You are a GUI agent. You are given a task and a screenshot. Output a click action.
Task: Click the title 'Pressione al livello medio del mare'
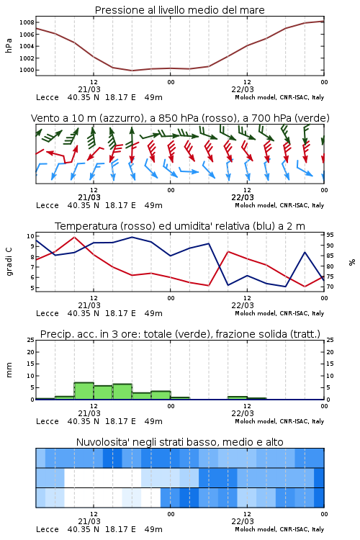pos(179,10)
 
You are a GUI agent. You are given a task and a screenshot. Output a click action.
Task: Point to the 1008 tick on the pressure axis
pos(27,23)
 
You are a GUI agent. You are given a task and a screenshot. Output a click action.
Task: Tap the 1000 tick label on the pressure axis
pos(27,71)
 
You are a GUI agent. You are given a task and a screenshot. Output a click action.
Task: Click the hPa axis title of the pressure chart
pos(9,45)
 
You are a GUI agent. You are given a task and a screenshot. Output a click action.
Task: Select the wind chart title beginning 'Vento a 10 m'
pos(180,118)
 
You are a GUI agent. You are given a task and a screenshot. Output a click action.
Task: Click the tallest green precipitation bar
pos(84,390)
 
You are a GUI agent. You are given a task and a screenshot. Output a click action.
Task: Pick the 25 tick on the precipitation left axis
pos(31,341)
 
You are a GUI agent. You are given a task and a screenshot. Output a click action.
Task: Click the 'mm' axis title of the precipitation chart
pos(9,370)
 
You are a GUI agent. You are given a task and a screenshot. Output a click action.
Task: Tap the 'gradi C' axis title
pos(9,261)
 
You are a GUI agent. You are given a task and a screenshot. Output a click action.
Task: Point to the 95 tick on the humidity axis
pos(330,235)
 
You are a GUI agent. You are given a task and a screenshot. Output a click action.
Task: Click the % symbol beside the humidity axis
pos(352,262)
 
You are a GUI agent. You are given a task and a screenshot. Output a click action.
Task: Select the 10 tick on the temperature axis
pos(30,236)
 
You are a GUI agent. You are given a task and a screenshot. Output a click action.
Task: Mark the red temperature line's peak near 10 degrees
pos(74,237)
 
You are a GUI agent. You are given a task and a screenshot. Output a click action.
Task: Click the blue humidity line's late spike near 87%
pos(305,252)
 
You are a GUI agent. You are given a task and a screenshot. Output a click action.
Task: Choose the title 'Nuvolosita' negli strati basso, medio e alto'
pos(179,442)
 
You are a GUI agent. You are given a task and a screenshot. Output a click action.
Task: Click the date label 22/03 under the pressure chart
pos(243,89)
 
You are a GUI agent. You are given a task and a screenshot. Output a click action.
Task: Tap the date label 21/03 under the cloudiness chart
pos(89,521)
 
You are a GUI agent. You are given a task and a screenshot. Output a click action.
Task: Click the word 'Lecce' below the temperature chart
pos(48,313)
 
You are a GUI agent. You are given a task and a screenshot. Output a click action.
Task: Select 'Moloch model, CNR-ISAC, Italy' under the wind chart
pos(279,205)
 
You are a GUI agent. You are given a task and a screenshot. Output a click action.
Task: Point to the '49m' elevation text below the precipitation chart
pos(153,421)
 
